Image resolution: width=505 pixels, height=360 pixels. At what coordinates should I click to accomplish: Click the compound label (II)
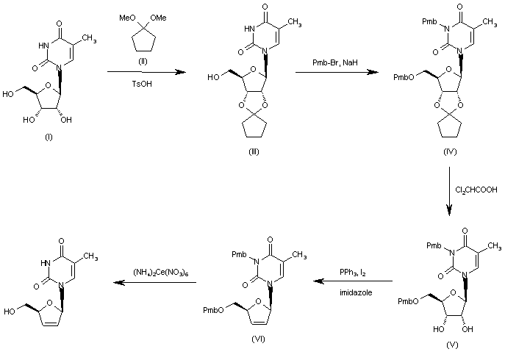(x=143, y=60)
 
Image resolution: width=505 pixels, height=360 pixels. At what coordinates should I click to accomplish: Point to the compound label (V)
(x=452, y=345)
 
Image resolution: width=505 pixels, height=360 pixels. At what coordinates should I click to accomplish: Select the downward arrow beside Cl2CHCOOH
(x=448, y=191)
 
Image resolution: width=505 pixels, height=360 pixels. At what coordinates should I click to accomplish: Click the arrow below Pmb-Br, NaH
(x=332, y=72)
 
